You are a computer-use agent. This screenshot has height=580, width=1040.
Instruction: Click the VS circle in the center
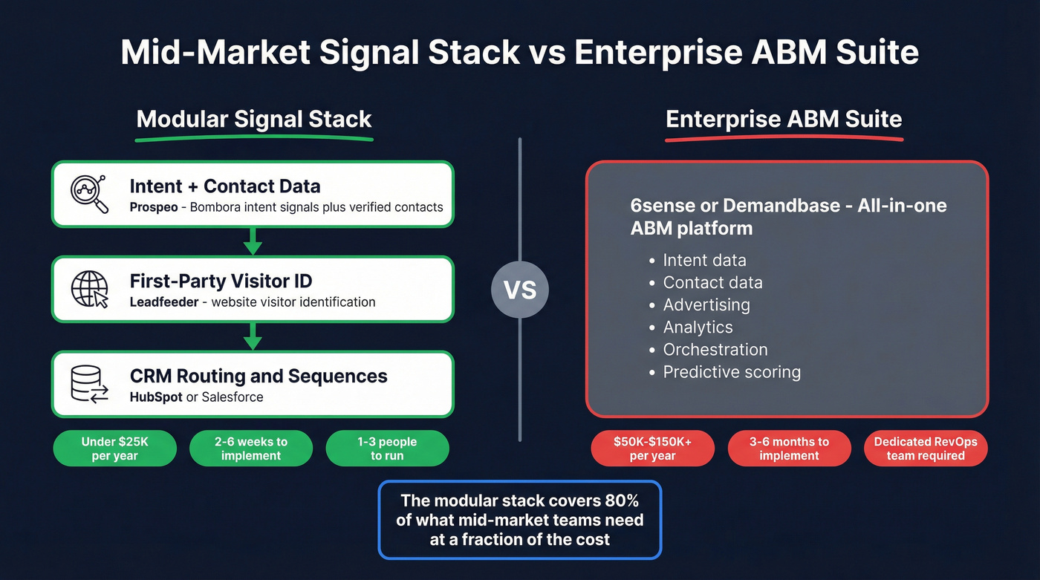tap(519, 289)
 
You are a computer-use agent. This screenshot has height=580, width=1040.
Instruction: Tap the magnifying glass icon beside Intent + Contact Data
tap(89, 194)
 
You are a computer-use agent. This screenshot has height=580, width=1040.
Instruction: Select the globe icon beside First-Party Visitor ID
tap(89, 289)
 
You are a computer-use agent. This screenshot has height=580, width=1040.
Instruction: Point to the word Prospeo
tap(154, 207)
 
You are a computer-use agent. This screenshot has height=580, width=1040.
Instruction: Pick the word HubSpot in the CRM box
tap(155, 397)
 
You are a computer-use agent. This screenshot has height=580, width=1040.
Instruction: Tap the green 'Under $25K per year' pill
tap(115, 449)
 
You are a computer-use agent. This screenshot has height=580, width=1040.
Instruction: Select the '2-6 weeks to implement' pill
tap(251, 449)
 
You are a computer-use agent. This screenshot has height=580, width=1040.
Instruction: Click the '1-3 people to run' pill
tap(387, 449)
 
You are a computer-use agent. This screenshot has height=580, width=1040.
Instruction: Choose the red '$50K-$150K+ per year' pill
tap(652, 449)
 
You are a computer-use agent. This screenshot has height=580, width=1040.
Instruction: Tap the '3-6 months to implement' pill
tap(789, 449)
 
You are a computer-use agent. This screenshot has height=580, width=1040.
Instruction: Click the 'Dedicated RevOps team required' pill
tap(926, 449)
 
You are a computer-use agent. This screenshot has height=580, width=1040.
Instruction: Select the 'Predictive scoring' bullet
tap(732, 372)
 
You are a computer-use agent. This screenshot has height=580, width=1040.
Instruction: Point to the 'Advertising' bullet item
tap(706, 305)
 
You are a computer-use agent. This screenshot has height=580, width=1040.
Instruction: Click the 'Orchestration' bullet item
tap(715, 350)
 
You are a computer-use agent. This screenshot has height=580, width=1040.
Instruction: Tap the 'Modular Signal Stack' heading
tap(254, 120)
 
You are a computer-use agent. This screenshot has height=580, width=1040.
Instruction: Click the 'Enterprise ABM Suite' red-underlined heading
tap(784, 120)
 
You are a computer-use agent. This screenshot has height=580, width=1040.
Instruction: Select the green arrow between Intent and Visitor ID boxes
tap(253, 241)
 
